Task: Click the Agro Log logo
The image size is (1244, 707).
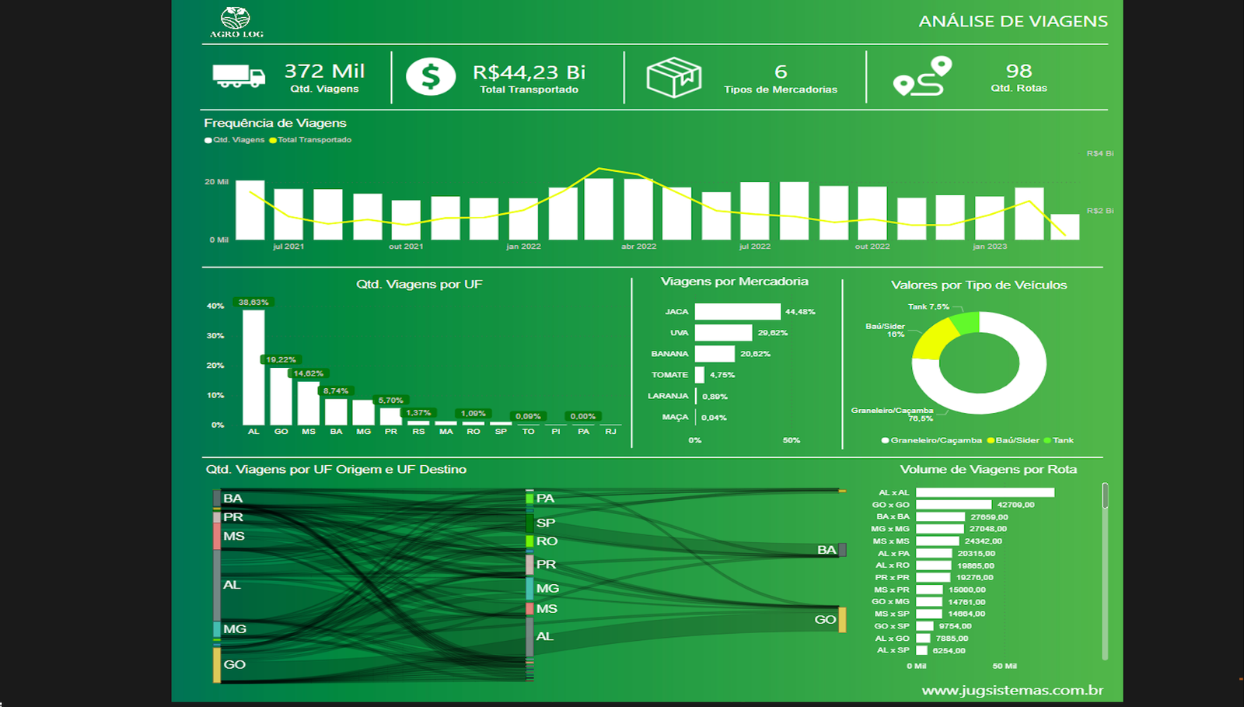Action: [x=236, y=22]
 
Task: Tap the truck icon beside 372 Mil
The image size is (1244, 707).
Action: [x=239, y=76]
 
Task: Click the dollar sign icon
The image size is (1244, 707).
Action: [x=431, y=77]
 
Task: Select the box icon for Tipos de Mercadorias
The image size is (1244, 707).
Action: [x=673, y=77]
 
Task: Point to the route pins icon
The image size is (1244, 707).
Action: [x=922, y=76]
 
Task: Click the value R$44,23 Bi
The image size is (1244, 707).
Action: [x=529, y=72]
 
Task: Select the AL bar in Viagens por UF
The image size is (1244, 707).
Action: [x=253, y=366]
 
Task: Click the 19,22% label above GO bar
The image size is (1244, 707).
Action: [x=281, y=360]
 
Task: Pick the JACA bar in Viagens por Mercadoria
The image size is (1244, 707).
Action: [x=737, y=312]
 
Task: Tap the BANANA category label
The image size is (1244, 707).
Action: [x=669, y=354]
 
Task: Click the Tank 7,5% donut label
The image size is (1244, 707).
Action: [x=928, y=307]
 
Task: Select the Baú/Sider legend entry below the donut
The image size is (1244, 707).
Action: [x=1013, y=440]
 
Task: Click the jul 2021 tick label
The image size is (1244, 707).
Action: [x=288, y=247]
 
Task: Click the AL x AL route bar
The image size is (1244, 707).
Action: [x=984, y=492]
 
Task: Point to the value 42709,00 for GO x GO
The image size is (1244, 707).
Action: [x=1015, y=505]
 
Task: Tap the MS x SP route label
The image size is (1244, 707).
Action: [x=891, y=614]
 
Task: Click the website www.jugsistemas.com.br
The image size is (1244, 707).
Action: [x=1012, y=691]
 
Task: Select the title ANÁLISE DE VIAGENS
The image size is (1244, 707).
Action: [x=1013, y=22]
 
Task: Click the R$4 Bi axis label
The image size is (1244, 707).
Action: [x=1099, y=153]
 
